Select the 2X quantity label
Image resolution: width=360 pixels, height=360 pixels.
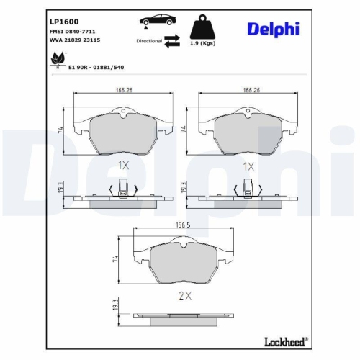[x=184, y=295]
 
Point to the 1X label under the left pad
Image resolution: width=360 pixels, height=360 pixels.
[x=123, y=165]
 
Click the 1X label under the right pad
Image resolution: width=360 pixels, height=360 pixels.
[x=248, y=166]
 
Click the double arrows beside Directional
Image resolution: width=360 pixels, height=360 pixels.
[x=172, y=41]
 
